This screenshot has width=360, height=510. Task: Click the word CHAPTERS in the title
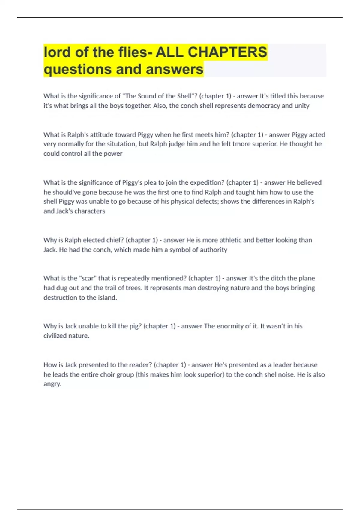click(x=227, y=52)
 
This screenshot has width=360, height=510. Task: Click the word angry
click(x=52, y=384)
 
